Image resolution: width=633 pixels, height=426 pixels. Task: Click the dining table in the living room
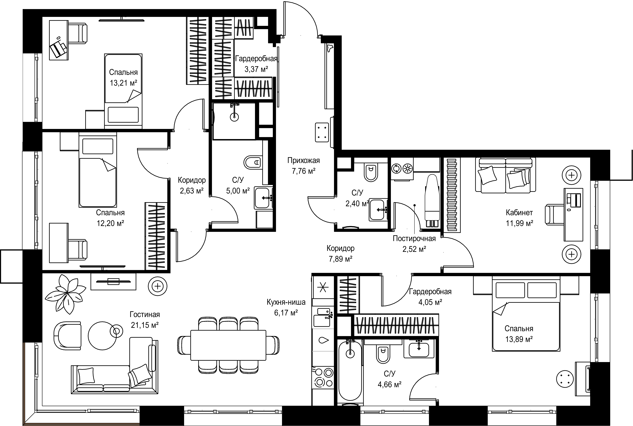coord(228,345)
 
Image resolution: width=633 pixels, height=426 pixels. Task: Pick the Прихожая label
coord(304,161)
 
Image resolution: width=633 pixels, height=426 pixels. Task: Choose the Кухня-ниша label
coord(286,302)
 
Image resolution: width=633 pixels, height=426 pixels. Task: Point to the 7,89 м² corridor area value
coord(341,259)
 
